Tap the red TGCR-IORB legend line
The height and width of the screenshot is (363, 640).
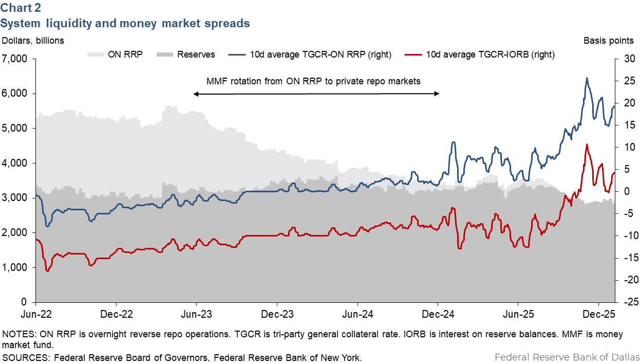[413, 54]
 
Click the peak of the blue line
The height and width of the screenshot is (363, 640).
[587, 78]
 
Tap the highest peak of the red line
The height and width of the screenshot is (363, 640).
[587, 144]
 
